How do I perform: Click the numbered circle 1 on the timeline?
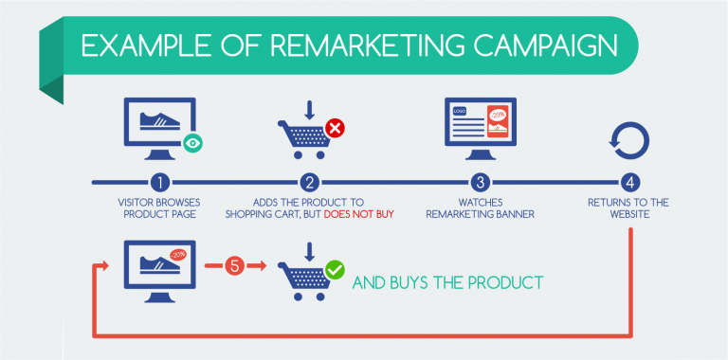pyautogui.click(x=162, y=181)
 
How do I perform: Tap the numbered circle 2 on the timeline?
pyautogui.click(x=308, y=181)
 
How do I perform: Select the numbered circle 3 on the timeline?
pyautogui.click(x=482, y=181)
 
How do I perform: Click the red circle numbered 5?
pyautogui.click(x=239, y=267)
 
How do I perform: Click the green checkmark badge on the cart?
pyautogui.click(x=335, y=270)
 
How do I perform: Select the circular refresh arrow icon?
pyautogui.click(x=629, y=139)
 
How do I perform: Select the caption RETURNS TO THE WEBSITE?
pyautogui.click(x=628, y=207)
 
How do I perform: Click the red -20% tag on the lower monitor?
pyautogui.click(x=177, y=254)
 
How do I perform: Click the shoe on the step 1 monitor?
pyautogui.click(x=160, y=120)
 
